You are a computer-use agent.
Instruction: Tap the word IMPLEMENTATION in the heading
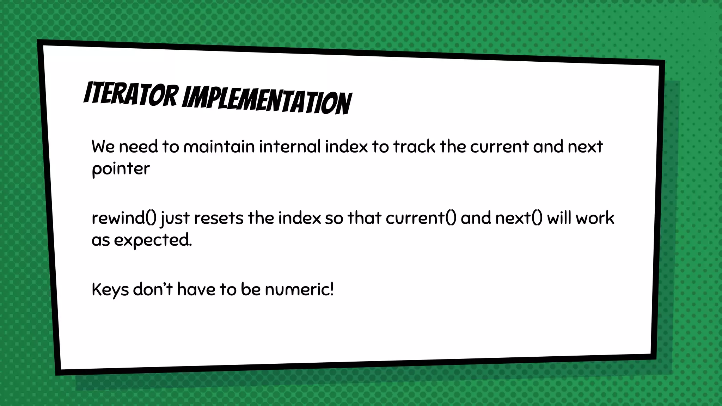(x=267, y=101)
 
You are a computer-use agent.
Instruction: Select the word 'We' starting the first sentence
(x=103, y=147)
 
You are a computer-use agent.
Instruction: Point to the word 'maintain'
(x=219, y=147)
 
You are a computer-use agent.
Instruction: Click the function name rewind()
(x=124, y=218)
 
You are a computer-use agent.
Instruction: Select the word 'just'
(x=175, y=218)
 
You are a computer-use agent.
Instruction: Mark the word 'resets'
(x=219, y=218)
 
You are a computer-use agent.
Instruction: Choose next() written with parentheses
(x=519, y=218)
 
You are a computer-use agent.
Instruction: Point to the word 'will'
(x=559, y=218)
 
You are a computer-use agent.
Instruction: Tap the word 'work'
(x=595, y=218)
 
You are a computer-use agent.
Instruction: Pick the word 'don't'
(x=153, y=290)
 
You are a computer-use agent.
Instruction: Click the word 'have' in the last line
(x=196, y=290)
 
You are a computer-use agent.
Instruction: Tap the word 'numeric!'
(x=299, y=290)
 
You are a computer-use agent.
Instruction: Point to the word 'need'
(x=138, y=147)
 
